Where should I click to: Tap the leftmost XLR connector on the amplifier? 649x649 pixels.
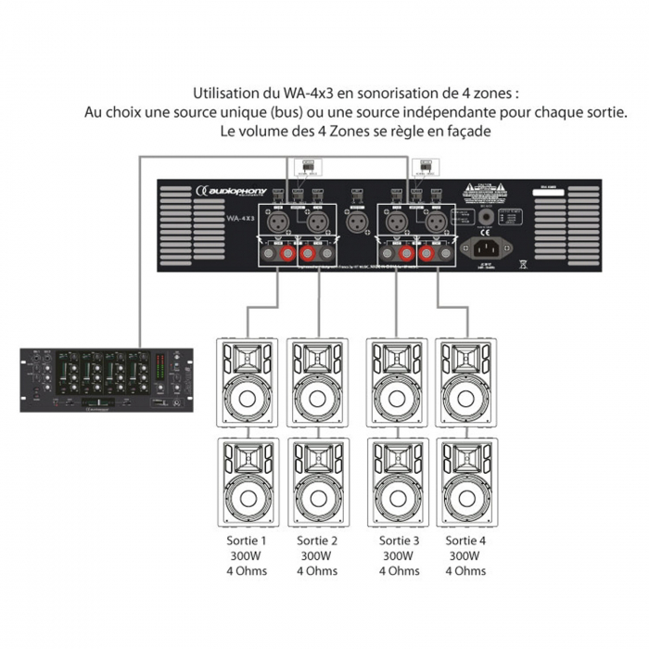pyautogui.click(x=278, y=222)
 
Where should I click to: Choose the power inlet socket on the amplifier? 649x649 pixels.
pyautogui.click(x=492, y=248)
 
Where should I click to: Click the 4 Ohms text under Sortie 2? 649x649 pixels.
pyautogui.click(x=315, y=571)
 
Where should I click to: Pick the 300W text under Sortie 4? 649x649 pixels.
pyautogui.click(x=465, y=555)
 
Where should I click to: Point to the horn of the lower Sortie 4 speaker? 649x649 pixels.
pyautogui.click(x=466, y=455)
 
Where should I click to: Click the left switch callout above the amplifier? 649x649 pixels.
pyautogui.click(x=303, y=167)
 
